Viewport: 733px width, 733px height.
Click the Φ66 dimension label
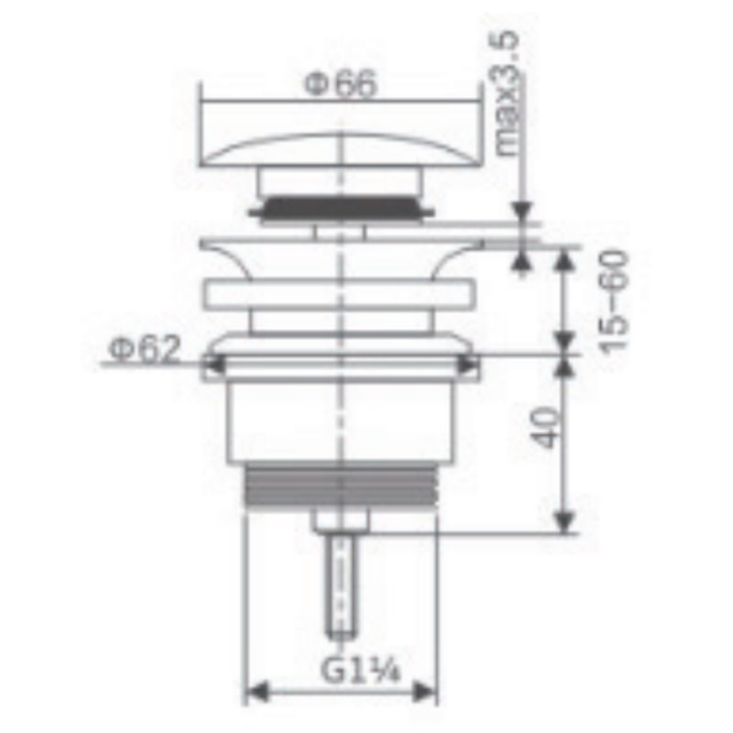point(340,84)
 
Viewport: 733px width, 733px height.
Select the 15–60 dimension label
point(612,302)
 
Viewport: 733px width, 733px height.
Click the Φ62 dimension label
point(145,349)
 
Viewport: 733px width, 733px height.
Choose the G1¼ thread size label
point(360,669)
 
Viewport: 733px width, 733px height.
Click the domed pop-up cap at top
point(341,149)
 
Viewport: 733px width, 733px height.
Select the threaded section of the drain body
point(341,487)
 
